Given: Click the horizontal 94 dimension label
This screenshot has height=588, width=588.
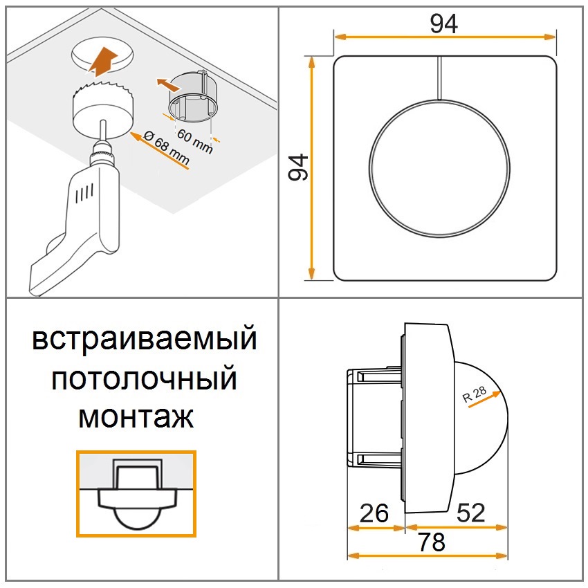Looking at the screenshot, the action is [443, 24].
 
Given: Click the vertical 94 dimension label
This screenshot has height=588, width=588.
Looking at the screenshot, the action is [299, 167].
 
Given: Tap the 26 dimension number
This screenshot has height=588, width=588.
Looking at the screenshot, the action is [374, 513].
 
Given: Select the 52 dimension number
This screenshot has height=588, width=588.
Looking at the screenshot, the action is [470, 513].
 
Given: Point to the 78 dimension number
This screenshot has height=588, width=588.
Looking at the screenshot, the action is [432, 542].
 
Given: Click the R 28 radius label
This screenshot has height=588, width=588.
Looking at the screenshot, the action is [475, 394].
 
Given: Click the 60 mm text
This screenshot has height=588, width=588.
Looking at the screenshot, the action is [195, 141].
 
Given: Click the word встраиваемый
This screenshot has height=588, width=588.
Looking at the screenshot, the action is [145, 340].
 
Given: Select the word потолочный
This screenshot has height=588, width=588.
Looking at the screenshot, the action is [144, 378].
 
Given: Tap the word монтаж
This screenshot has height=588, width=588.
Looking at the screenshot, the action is [136, 417].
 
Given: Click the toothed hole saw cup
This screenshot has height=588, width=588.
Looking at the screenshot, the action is [103, 109].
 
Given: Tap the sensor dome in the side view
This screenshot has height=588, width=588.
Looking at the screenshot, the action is [482, 417].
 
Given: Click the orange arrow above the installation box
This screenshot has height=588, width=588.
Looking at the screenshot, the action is [168, 85].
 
